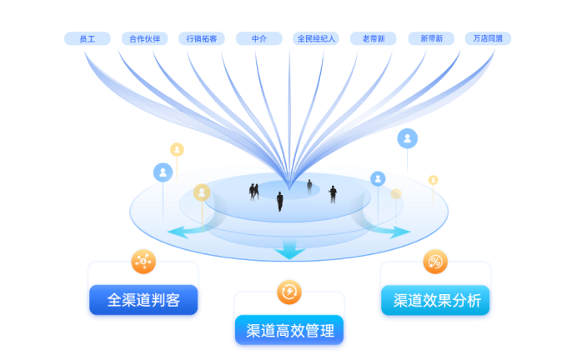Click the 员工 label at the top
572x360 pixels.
pos(87,38)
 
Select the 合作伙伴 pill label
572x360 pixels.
pos(144,38)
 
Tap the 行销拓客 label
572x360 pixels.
pos(201,38)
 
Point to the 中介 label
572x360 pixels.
pos(258,38)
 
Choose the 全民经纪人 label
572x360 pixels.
pos(316,38)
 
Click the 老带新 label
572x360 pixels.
pos(374,38)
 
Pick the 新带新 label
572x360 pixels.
pos(431,38)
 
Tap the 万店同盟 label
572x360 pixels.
pos(488,38)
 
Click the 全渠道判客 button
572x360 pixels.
pos(143,301)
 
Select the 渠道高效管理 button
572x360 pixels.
pos(289,331)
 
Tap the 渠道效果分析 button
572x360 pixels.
pos(436,301)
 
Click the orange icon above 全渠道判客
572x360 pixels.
pos(143,262)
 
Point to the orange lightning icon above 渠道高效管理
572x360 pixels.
pos(289,292)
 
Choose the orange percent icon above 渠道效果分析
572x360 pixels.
pos(435,262)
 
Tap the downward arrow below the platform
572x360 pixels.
pos(289,247)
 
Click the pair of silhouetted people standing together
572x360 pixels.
pos(253,191)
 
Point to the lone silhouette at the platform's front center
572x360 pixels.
pos(280,201)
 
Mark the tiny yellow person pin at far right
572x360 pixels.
pos(433,180)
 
